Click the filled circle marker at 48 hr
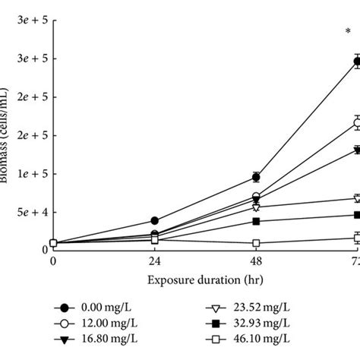(256, 177)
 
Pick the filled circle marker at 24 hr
(155, 220)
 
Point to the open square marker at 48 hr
(256, 243)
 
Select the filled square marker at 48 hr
(256, 221)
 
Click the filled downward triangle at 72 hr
(356, 150)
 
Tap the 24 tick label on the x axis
(155, 261)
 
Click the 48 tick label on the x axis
(256, 261)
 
